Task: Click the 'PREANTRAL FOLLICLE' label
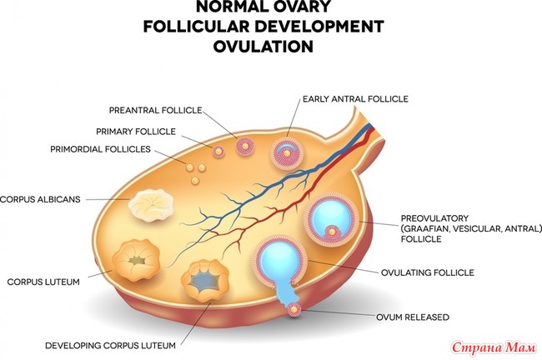coord(156,110)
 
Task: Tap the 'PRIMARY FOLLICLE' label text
coord(136,132)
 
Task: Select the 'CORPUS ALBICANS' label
coord(40,199)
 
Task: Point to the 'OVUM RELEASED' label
coord(413,317)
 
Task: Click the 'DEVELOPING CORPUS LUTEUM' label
coord(110,346)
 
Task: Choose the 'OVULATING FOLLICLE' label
coord(428,272)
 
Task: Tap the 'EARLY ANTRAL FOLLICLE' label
coord(355,99)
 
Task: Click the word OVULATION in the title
coord(263,47)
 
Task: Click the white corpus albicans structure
coord(151,205)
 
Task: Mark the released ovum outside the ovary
coord(294,310)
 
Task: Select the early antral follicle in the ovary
coord(287,152)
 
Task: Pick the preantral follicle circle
coord(245,147)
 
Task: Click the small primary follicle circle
coord(218,151)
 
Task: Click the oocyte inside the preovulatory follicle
coord(332,232)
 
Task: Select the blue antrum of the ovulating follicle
coord(279,259)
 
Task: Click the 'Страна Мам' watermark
coord(494,347)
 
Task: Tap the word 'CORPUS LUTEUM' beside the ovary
coord(43,282)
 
